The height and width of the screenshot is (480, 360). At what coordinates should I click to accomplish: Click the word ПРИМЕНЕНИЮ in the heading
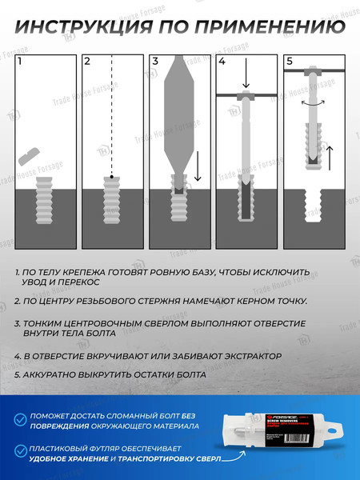[263, 28]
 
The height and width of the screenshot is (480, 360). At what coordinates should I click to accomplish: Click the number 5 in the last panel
[289, 61]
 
